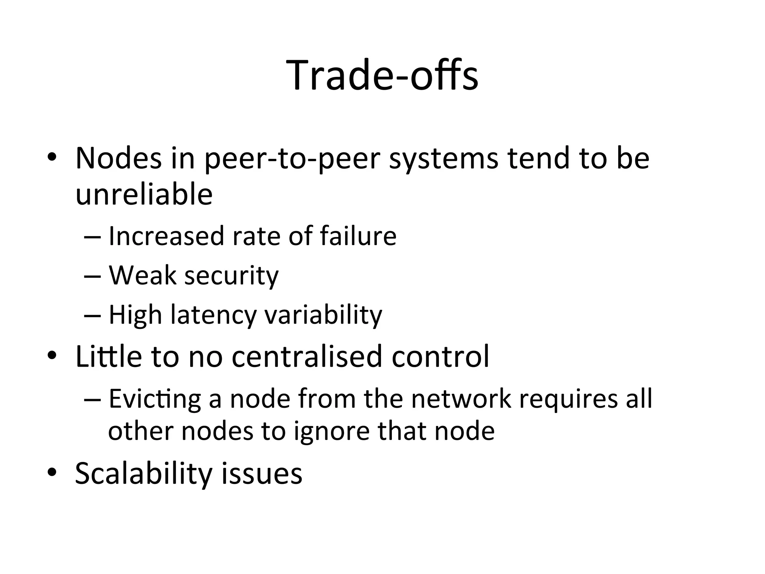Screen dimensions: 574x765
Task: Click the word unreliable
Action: coord(144,195)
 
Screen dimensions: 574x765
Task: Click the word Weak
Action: coord(142,275)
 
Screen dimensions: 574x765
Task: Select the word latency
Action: coord(213,315)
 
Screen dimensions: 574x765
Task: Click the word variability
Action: coord(323,315)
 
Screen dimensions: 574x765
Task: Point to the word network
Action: coord(461,399)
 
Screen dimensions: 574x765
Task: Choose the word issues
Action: coord(261,473)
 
